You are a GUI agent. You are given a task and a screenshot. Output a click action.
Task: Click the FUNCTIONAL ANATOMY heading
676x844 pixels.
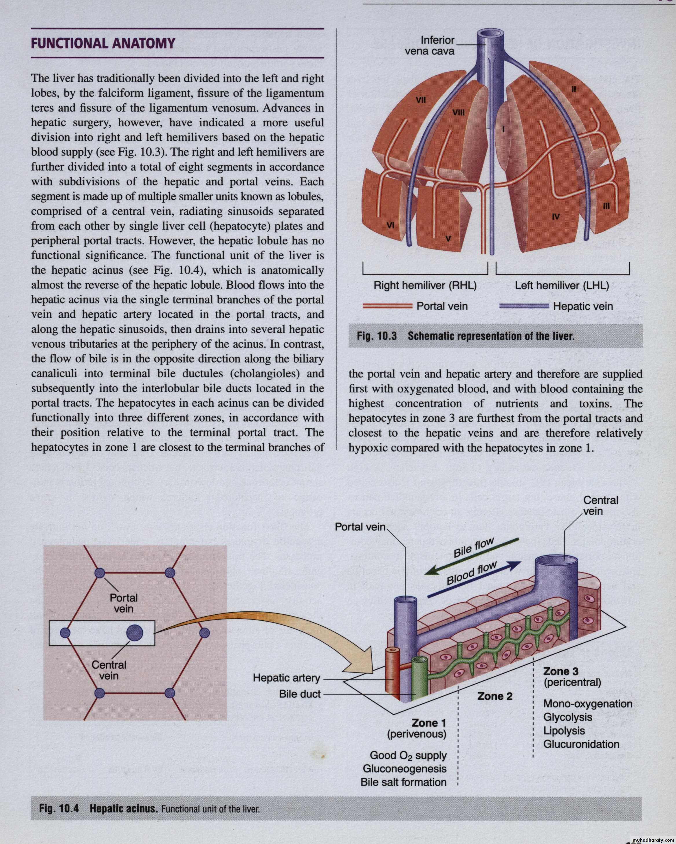[102, 43]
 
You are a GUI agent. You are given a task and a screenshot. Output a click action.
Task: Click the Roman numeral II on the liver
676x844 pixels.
[574, 89]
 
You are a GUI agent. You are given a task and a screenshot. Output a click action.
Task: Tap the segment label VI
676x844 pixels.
[390, 225]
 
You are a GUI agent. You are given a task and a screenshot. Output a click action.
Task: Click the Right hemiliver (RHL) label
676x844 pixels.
[425, 285]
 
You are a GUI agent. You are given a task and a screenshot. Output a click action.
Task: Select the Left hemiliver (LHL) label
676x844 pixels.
[562, 285]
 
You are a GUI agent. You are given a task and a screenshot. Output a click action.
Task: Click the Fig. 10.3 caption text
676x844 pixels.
[466, 336]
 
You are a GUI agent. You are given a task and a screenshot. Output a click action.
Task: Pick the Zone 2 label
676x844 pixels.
[494, 696]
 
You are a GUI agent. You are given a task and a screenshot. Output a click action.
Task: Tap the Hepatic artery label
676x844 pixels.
[286, 678]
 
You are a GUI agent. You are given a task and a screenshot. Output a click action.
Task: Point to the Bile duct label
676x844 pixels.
[300, 694]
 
